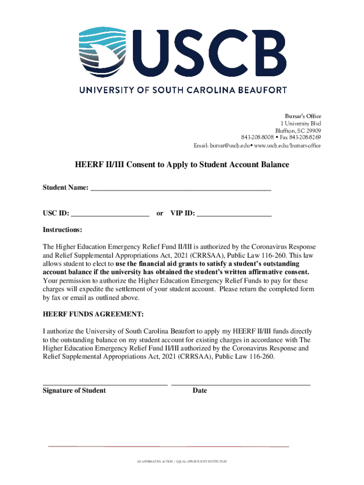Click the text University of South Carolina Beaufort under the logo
pyautogui.click(x=182, y=89)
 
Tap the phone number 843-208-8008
pyautogui.click(x=257, y=138)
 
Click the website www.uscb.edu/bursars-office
pyautogui.click(x=287, y=145)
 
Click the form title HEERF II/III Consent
pyautogui.click(x=182, y=165)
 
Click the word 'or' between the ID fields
pyautogui.click(x=160, y=214)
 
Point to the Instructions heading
pyautogui.click(x=62, y=230)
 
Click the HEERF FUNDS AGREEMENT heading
pyautogui.click(x=93, y=315)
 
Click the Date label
pyautogui.click(x=199, y=391)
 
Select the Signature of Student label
pyautogui.click(x=74, y=391)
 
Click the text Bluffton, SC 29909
pyautogui.click(x=298, y=131)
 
